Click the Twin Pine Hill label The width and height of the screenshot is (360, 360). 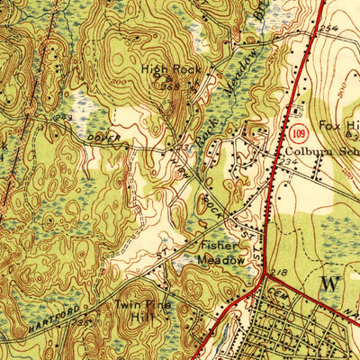coord(138,310)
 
